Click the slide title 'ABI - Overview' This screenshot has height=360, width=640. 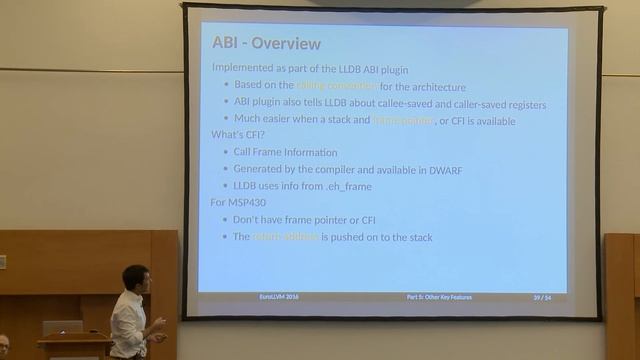click(266, 44)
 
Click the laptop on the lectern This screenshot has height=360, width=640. click(62, 328)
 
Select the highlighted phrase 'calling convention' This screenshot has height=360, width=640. click(336, 86)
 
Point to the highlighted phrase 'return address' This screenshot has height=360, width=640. click(285, 237)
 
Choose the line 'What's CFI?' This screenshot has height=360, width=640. click(236, 135)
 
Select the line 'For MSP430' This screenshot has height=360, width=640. click(238, 203)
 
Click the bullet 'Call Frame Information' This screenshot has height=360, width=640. click(285, 153)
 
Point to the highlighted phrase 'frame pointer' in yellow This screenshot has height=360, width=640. click(403, 120)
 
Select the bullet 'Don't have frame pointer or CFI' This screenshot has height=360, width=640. click(304, 220)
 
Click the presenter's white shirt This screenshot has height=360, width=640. click(128, 325)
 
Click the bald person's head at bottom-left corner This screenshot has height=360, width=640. click(4, 344)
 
